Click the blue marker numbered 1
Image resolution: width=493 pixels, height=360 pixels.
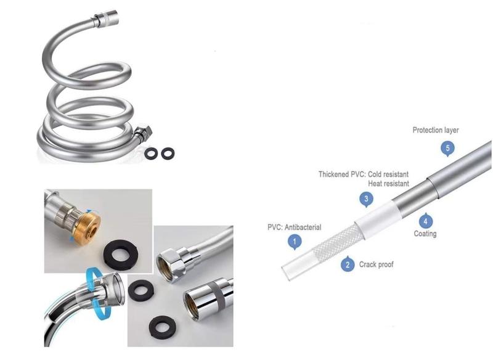point(295,242)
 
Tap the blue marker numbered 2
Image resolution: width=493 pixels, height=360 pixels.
point(348,264)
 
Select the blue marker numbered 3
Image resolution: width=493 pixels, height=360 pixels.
point(366,199)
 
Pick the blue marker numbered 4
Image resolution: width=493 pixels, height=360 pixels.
point(425,221)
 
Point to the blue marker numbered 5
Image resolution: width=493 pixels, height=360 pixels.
point(448,149)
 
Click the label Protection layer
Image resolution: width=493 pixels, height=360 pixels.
point(436,130)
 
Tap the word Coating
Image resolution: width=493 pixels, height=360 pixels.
point(425,234)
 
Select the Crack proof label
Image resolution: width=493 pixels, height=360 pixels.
point(376,264)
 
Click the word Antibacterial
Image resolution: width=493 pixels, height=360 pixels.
point(303,227)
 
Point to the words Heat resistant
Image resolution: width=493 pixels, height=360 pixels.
point(389,183)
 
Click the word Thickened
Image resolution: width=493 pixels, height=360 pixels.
point(334,174)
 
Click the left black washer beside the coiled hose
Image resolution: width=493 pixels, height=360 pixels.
point(152,153)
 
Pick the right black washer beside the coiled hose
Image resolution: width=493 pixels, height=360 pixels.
point(168,153)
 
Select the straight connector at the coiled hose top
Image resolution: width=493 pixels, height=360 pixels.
point(105,19)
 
